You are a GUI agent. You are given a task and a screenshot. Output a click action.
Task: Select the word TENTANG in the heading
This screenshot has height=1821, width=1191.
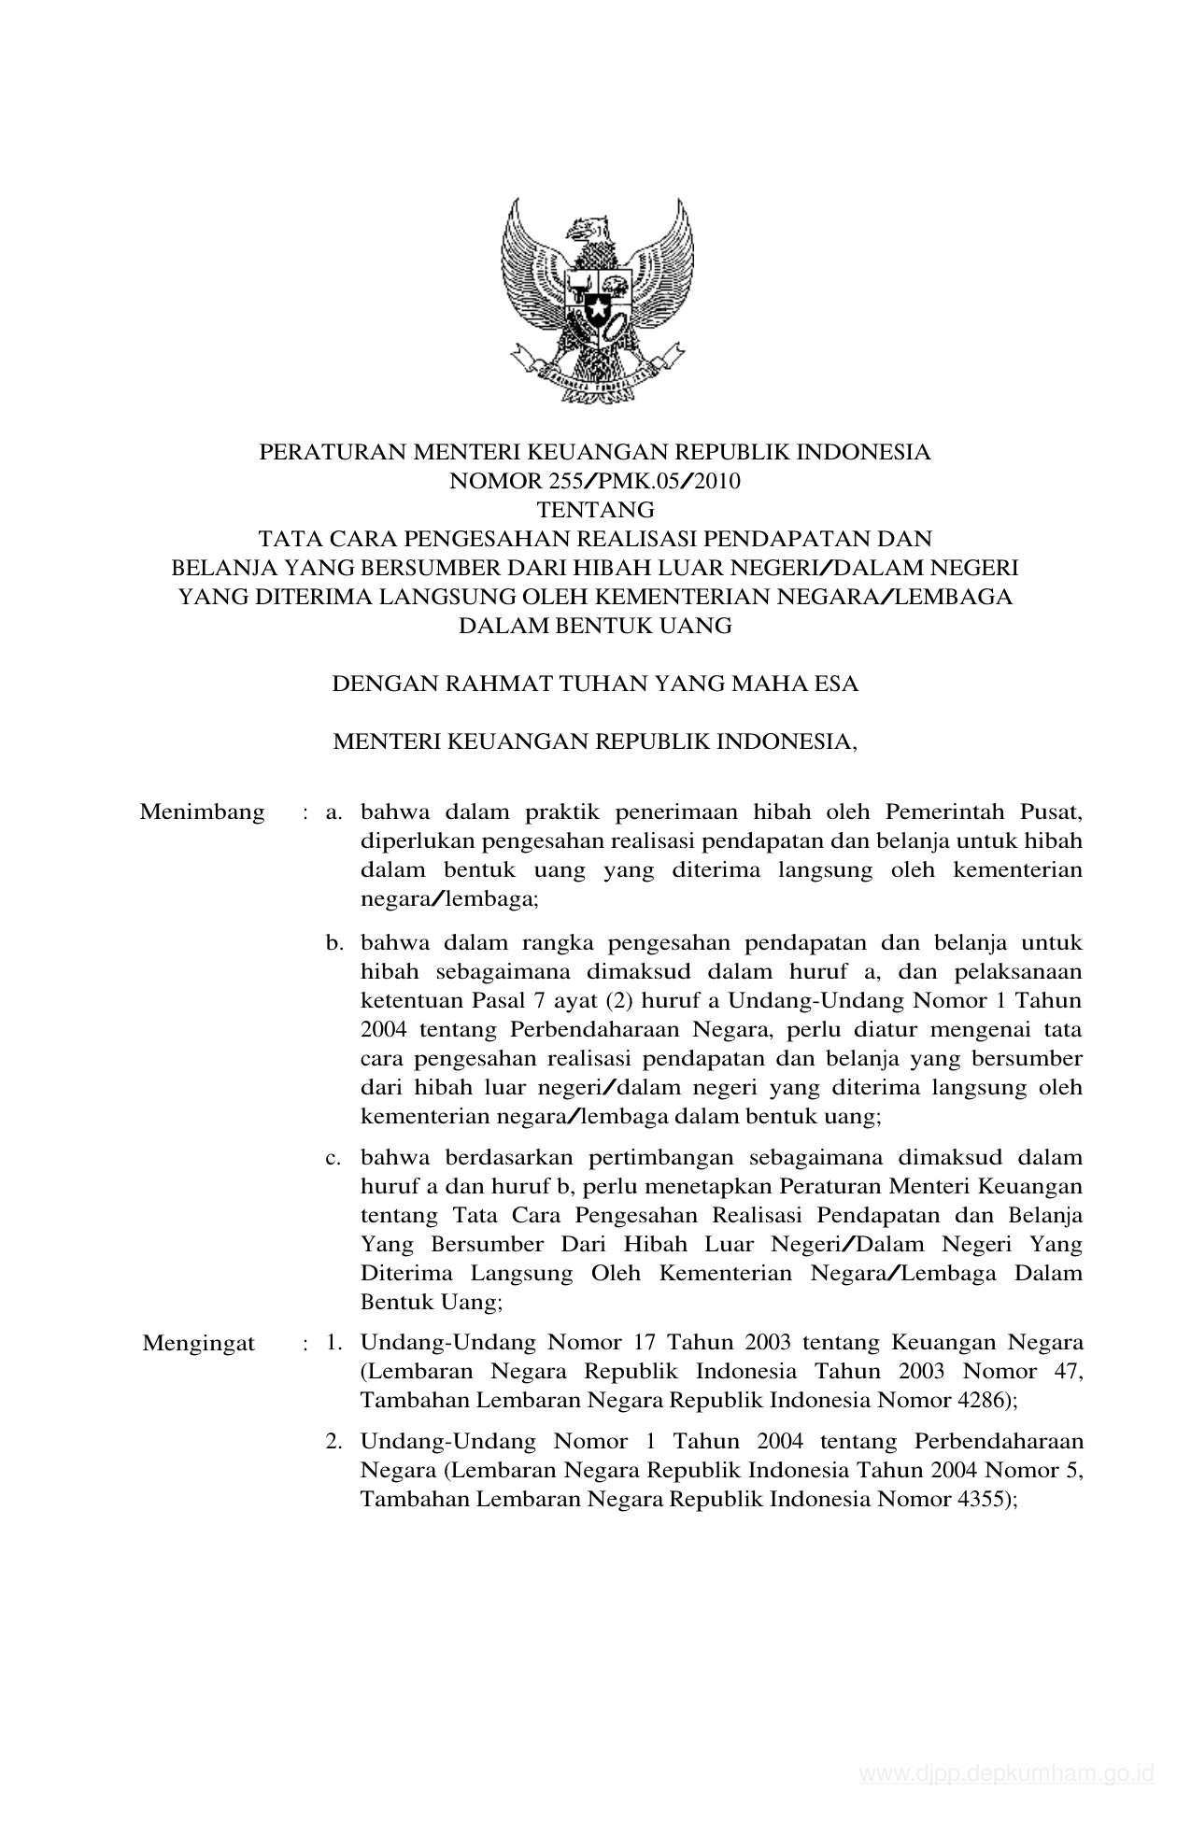[x=595, y=511]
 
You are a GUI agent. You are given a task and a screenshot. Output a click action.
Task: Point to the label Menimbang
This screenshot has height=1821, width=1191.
[x=202, y=812]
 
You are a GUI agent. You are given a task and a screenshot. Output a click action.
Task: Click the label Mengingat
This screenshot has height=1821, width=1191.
[x=199, y=1343]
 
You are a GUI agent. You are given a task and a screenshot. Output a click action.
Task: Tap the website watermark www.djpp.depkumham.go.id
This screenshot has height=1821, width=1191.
[x=1007, y=1773]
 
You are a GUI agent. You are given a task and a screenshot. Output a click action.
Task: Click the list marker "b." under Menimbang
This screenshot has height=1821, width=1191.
[x=334, y=943]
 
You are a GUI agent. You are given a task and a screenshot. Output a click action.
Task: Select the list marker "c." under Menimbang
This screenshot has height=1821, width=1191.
[x=333, y=1158]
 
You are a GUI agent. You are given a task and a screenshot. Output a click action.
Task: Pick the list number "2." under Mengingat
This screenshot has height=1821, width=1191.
[x=334, y=1441]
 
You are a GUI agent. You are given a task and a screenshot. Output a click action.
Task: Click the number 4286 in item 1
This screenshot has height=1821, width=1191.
[x=977, y=1401]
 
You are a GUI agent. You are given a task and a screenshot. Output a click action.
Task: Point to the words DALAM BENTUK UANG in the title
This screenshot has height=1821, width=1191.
[x=595, y=626]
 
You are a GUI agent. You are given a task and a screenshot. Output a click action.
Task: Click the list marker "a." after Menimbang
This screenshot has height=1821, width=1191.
[x=334, y=812]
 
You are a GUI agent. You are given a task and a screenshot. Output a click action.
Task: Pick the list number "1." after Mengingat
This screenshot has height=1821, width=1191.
[x=334, y=1343]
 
